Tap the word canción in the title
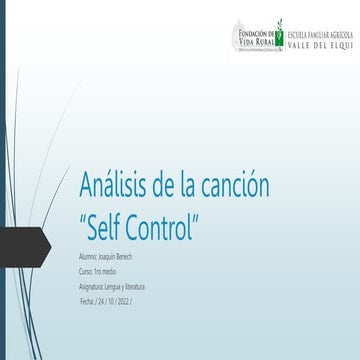(236, 186)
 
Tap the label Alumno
(88, 257)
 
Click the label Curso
(86, 272)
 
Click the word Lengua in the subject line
(118, 286)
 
